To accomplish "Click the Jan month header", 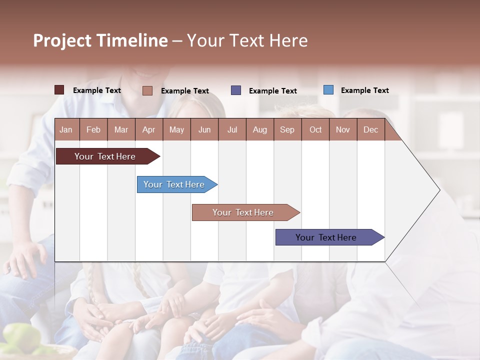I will pos(66,129).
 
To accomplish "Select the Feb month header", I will pos(93,129).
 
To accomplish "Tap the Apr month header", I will pos(148,129).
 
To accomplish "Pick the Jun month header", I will pos(204,129).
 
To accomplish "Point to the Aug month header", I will pos(259,129).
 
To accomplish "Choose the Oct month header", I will pos(315,129).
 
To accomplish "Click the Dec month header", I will pos(370,129).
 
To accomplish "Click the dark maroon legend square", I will pos(59,90).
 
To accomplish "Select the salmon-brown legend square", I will pos(147,90).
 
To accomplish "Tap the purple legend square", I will pos(236,90).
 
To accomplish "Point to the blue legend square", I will pos(328,90).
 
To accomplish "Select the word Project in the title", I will pos(62,40).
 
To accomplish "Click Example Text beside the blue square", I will pos(364,90).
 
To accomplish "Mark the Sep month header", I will pos(287,129).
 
